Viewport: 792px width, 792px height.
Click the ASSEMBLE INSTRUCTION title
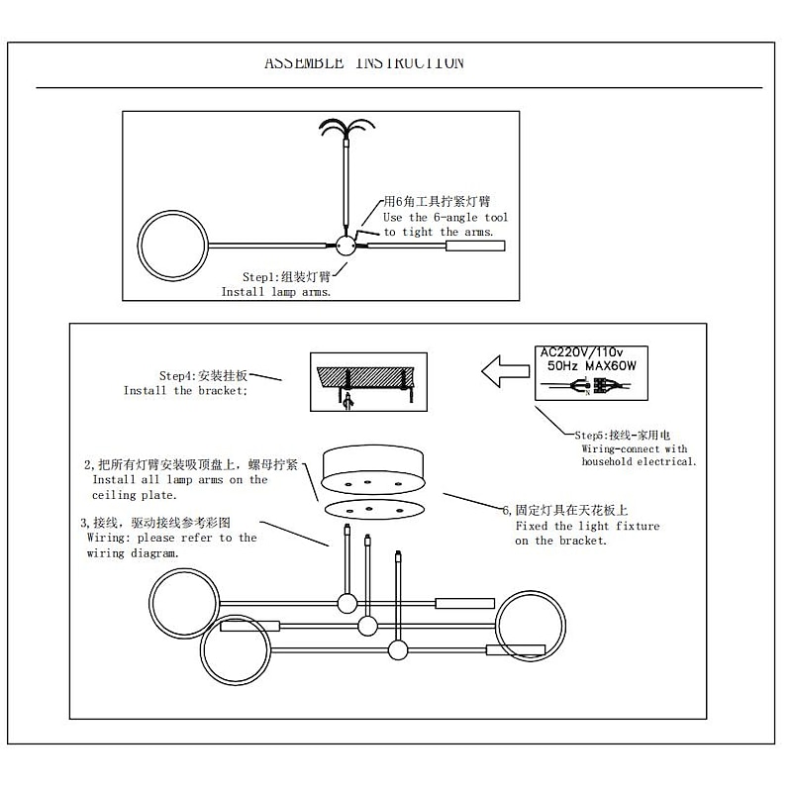[363, 63]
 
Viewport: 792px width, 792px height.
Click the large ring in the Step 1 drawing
[171, 245]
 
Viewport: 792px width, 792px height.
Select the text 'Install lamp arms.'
[275, 292]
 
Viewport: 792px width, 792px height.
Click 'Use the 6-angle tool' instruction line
[445, 217]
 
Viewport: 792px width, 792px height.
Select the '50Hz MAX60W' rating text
[592, 365]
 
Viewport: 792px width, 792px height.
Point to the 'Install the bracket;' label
[185, 390]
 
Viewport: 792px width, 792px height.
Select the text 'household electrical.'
[639, 461]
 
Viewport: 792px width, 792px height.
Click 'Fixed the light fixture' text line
[587, 527]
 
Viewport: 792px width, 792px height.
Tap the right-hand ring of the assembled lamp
[532, 625]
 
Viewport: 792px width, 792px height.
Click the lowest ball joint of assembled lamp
[399, 649]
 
